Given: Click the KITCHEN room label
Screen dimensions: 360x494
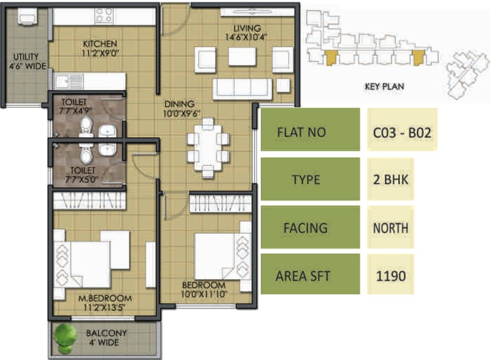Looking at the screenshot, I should [x=101, y=44].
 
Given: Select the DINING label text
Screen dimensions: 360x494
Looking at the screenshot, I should [x=176, y=104].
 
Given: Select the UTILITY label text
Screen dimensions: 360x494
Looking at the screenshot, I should [x=26, y=57].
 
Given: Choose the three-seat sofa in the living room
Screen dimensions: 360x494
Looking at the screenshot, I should [x=242, y=88].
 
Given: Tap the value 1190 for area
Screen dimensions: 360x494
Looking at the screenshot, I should [x=390, y=276].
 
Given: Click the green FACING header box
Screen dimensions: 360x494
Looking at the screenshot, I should [x=310, y=228].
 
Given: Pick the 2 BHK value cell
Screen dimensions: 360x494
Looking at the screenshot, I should [x=390, y=180].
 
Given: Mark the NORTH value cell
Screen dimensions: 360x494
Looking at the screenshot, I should [x=390, y=228].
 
